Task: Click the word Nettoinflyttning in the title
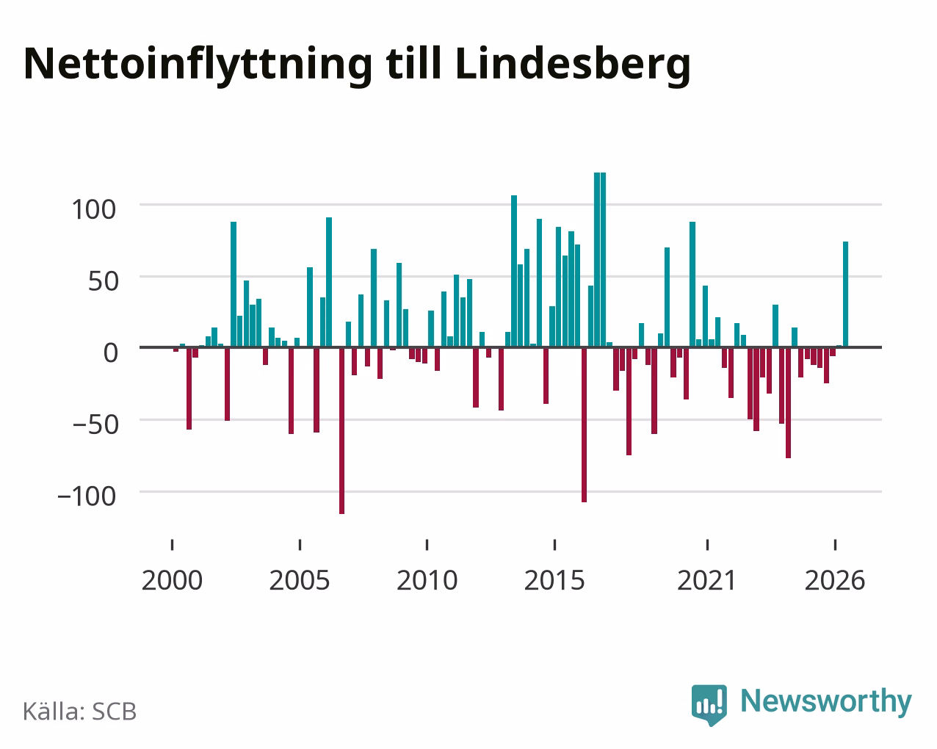pos(198,65)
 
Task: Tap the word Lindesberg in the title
pos(573,65)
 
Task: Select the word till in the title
pos(413,62)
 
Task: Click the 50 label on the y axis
pos(104,281)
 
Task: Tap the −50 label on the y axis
pos(95,424)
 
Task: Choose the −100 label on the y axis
pos(87,496)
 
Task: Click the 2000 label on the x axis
pos(172,580)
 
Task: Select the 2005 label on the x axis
pos(300,580)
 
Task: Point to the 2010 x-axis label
pos(427,580)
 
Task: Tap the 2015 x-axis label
pos(554,580)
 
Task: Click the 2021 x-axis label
pos(706,580)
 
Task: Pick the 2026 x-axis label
pos(835,580)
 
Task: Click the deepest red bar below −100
pos(341,430)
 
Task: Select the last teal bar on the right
pos(845,294)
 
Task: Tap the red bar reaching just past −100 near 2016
pos(584,425)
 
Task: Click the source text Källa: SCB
pos(80,712)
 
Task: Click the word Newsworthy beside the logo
pos(826,701)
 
